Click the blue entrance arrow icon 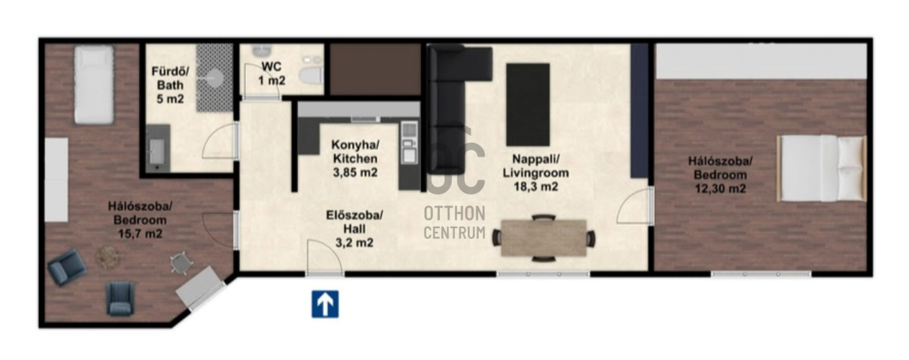click(325, 304)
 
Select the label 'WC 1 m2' click(272, 73)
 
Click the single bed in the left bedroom click(94, 84)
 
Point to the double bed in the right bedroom click(822, 168)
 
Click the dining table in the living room click(544, 238)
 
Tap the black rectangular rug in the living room click(528, 104)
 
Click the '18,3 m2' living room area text click(536, 186)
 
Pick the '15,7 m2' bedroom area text click(140, 234)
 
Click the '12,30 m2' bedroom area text click(720, 189)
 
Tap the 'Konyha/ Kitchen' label click(355, 151)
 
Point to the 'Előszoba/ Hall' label click(354, 222)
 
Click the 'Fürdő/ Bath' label click(170, 78)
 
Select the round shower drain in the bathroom click(214, 77)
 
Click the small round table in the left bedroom click(107, 257)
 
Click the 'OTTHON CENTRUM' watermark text click(455, 222)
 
